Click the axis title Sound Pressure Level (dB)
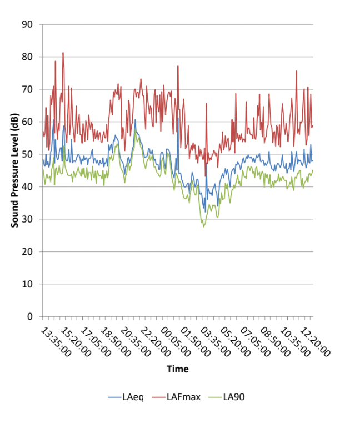click(15, 170)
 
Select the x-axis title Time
click(178, 369)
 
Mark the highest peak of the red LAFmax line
click(63, 53)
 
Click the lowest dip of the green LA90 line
click(204, 226)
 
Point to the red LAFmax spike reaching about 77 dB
click(178, 67)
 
